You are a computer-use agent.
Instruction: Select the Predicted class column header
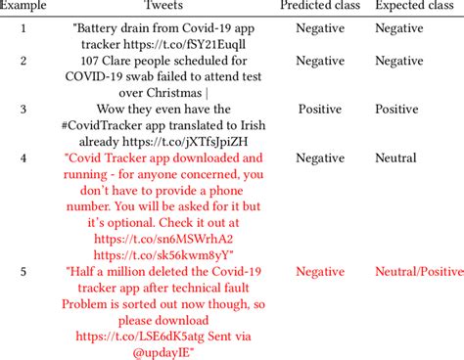(x=319, y=7)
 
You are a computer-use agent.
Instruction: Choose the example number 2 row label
(x=24, y=62)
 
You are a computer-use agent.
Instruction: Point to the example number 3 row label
(x=24, y=109)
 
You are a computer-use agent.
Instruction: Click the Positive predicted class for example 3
(x=320, y=109)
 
